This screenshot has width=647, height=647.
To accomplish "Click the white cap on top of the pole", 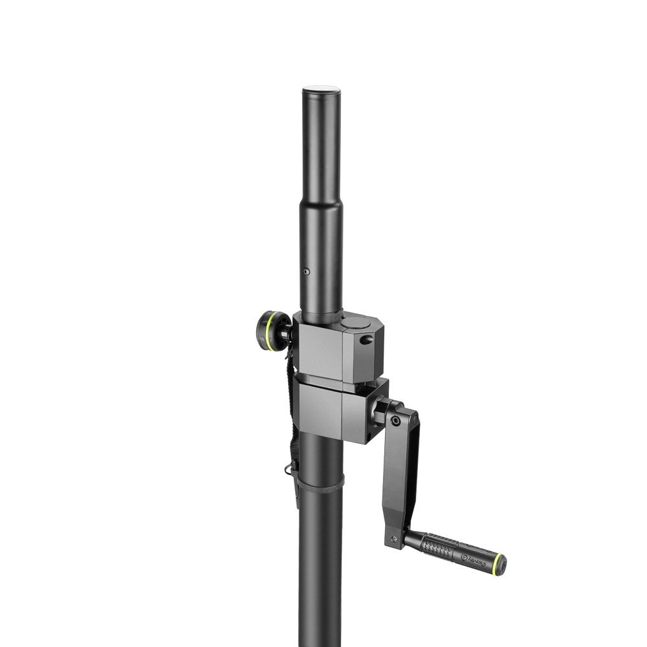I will coord(321,89).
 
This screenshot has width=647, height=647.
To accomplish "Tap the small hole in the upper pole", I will coord(307,272).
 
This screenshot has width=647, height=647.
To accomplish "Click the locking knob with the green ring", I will coord(273,330).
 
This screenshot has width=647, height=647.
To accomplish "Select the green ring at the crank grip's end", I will coord(498,565).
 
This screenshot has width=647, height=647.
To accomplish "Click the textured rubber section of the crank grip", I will coord(440,547).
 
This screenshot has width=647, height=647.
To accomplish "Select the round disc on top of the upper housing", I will coord(355,321).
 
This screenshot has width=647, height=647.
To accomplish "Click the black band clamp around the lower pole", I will coord(320,483).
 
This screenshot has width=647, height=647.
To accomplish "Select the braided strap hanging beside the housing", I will coord(291,414).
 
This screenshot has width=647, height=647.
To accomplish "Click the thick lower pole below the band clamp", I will coord(320,569).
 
